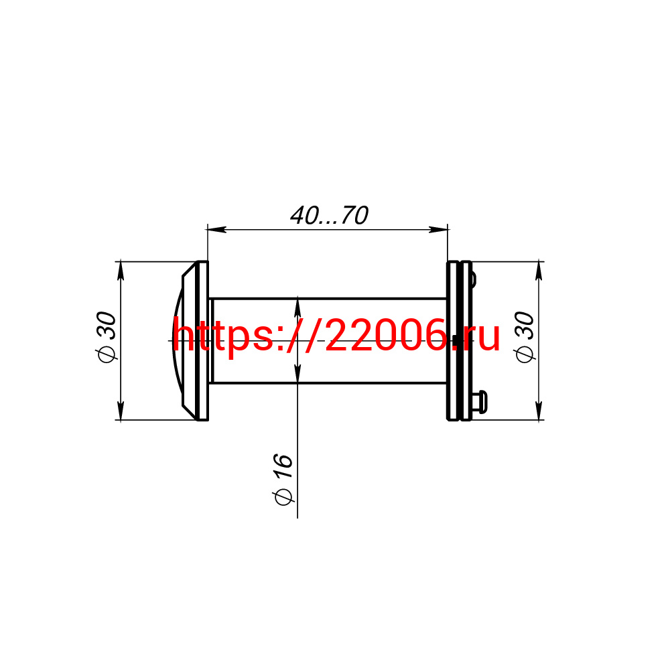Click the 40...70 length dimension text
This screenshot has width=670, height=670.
[x=329, y=215]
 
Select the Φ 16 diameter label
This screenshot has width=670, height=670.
[x=283, y=480]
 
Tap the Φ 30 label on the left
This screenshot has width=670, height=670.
[x=106, y=338]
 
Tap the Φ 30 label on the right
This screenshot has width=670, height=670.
[x=525, y=338]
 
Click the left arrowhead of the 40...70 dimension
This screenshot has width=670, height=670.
[x=216, y=229]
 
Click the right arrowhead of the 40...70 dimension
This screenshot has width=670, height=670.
[x=438, y=229]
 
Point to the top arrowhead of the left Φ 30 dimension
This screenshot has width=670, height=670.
[x=121, y=271]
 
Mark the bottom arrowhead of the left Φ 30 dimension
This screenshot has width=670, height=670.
[x=121, y=411]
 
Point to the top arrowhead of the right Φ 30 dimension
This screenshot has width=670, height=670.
[x=539, y=271]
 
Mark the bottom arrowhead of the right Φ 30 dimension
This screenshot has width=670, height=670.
[x=539, y=411]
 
